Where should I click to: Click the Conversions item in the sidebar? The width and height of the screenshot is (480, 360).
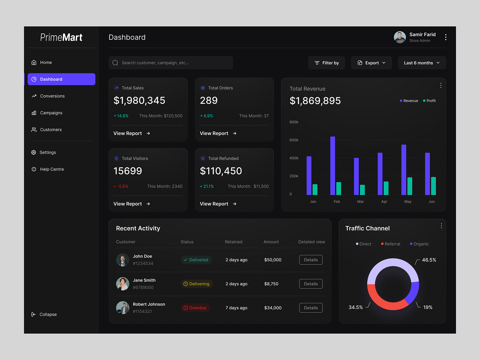pyautogui.click(x=52, y=96)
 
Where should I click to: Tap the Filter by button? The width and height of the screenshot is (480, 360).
pyautogui.click(x=326, y=63)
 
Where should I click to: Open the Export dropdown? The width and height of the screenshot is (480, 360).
pyautogui.click(x=371, y=63)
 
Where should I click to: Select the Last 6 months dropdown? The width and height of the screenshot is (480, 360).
pyautogui.click(x=422, y=63)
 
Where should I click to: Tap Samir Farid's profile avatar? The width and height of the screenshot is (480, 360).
pyautogui.click(x=400, y=37)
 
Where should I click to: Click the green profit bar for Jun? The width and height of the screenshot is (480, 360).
pyautogui.click(x=433, y=186)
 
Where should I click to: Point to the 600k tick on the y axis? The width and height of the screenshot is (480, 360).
pyautogui.click(x=294, y=140)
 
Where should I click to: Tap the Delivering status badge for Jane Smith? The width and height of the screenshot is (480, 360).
pyautogui.click(x=197, y=284)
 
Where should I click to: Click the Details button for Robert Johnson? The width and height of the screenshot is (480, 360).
pyautogui.click(x=311, y=308)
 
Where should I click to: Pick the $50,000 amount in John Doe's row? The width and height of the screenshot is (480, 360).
pyautogui.click(x=273, y=260)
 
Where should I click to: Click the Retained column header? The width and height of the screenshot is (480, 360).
pyautogui.click(x=233, y=242)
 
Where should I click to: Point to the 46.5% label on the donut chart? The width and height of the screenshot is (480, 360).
pyautogui.click(x=429, y=260)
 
